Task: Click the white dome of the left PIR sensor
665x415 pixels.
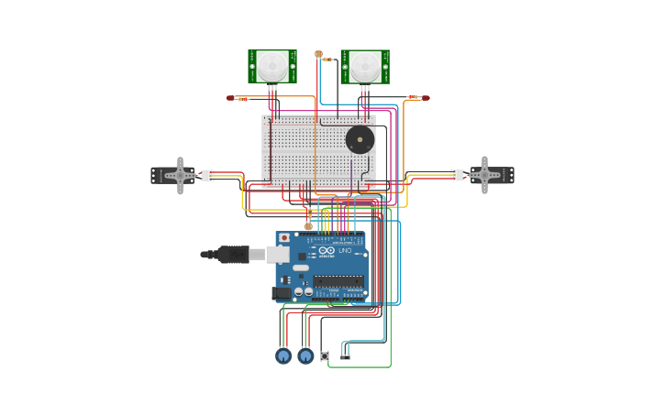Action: click(x=272, y=66)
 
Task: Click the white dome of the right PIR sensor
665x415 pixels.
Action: click(x=364, y=66)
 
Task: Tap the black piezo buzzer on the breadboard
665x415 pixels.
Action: click(x=360, y=140)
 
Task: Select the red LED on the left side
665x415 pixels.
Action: click(x=231, y=98)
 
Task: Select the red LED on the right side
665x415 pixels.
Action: click(x=425, y=97)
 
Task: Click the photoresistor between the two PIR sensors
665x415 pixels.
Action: click(x=318, y=54)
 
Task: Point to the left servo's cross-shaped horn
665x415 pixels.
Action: click(x=180, y=175)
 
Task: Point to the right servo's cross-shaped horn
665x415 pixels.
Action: click(x=483, y=175)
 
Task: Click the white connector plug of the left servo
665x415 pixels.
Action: click(x=208, y=175)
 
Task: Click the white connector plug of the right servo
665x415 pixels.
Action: click(x=456, y=175)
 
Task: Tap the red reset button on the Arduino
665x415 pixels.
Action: click(x=284, y=237)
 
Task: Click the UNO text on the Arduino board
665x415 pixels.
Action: click(x=345, y=250)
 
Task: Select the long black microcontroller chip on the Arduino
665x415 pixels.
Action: click(x=338, y=280)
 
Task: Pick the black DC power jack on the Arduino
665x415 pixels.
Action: click(x=281, y=293)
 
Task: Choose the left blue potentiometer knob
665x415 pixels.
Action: click(x=283, y=355)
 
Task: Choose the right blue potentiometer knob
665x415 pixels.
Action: click(x=305, y=355)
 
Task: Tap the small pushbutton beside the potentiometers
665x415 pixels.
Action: click(x=324, y=355)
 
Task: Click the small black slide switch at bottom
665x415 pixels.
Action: click(x=345, y=355)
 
